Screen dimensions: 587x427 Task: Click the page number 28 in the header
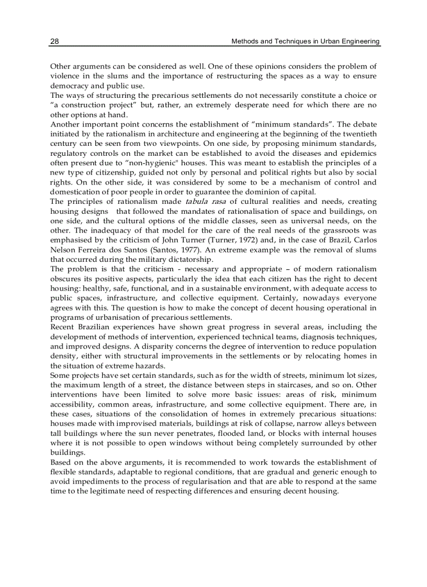coord(54,41)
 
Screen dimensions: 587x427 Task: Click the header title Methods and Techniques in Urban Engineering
coord(306,41)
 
